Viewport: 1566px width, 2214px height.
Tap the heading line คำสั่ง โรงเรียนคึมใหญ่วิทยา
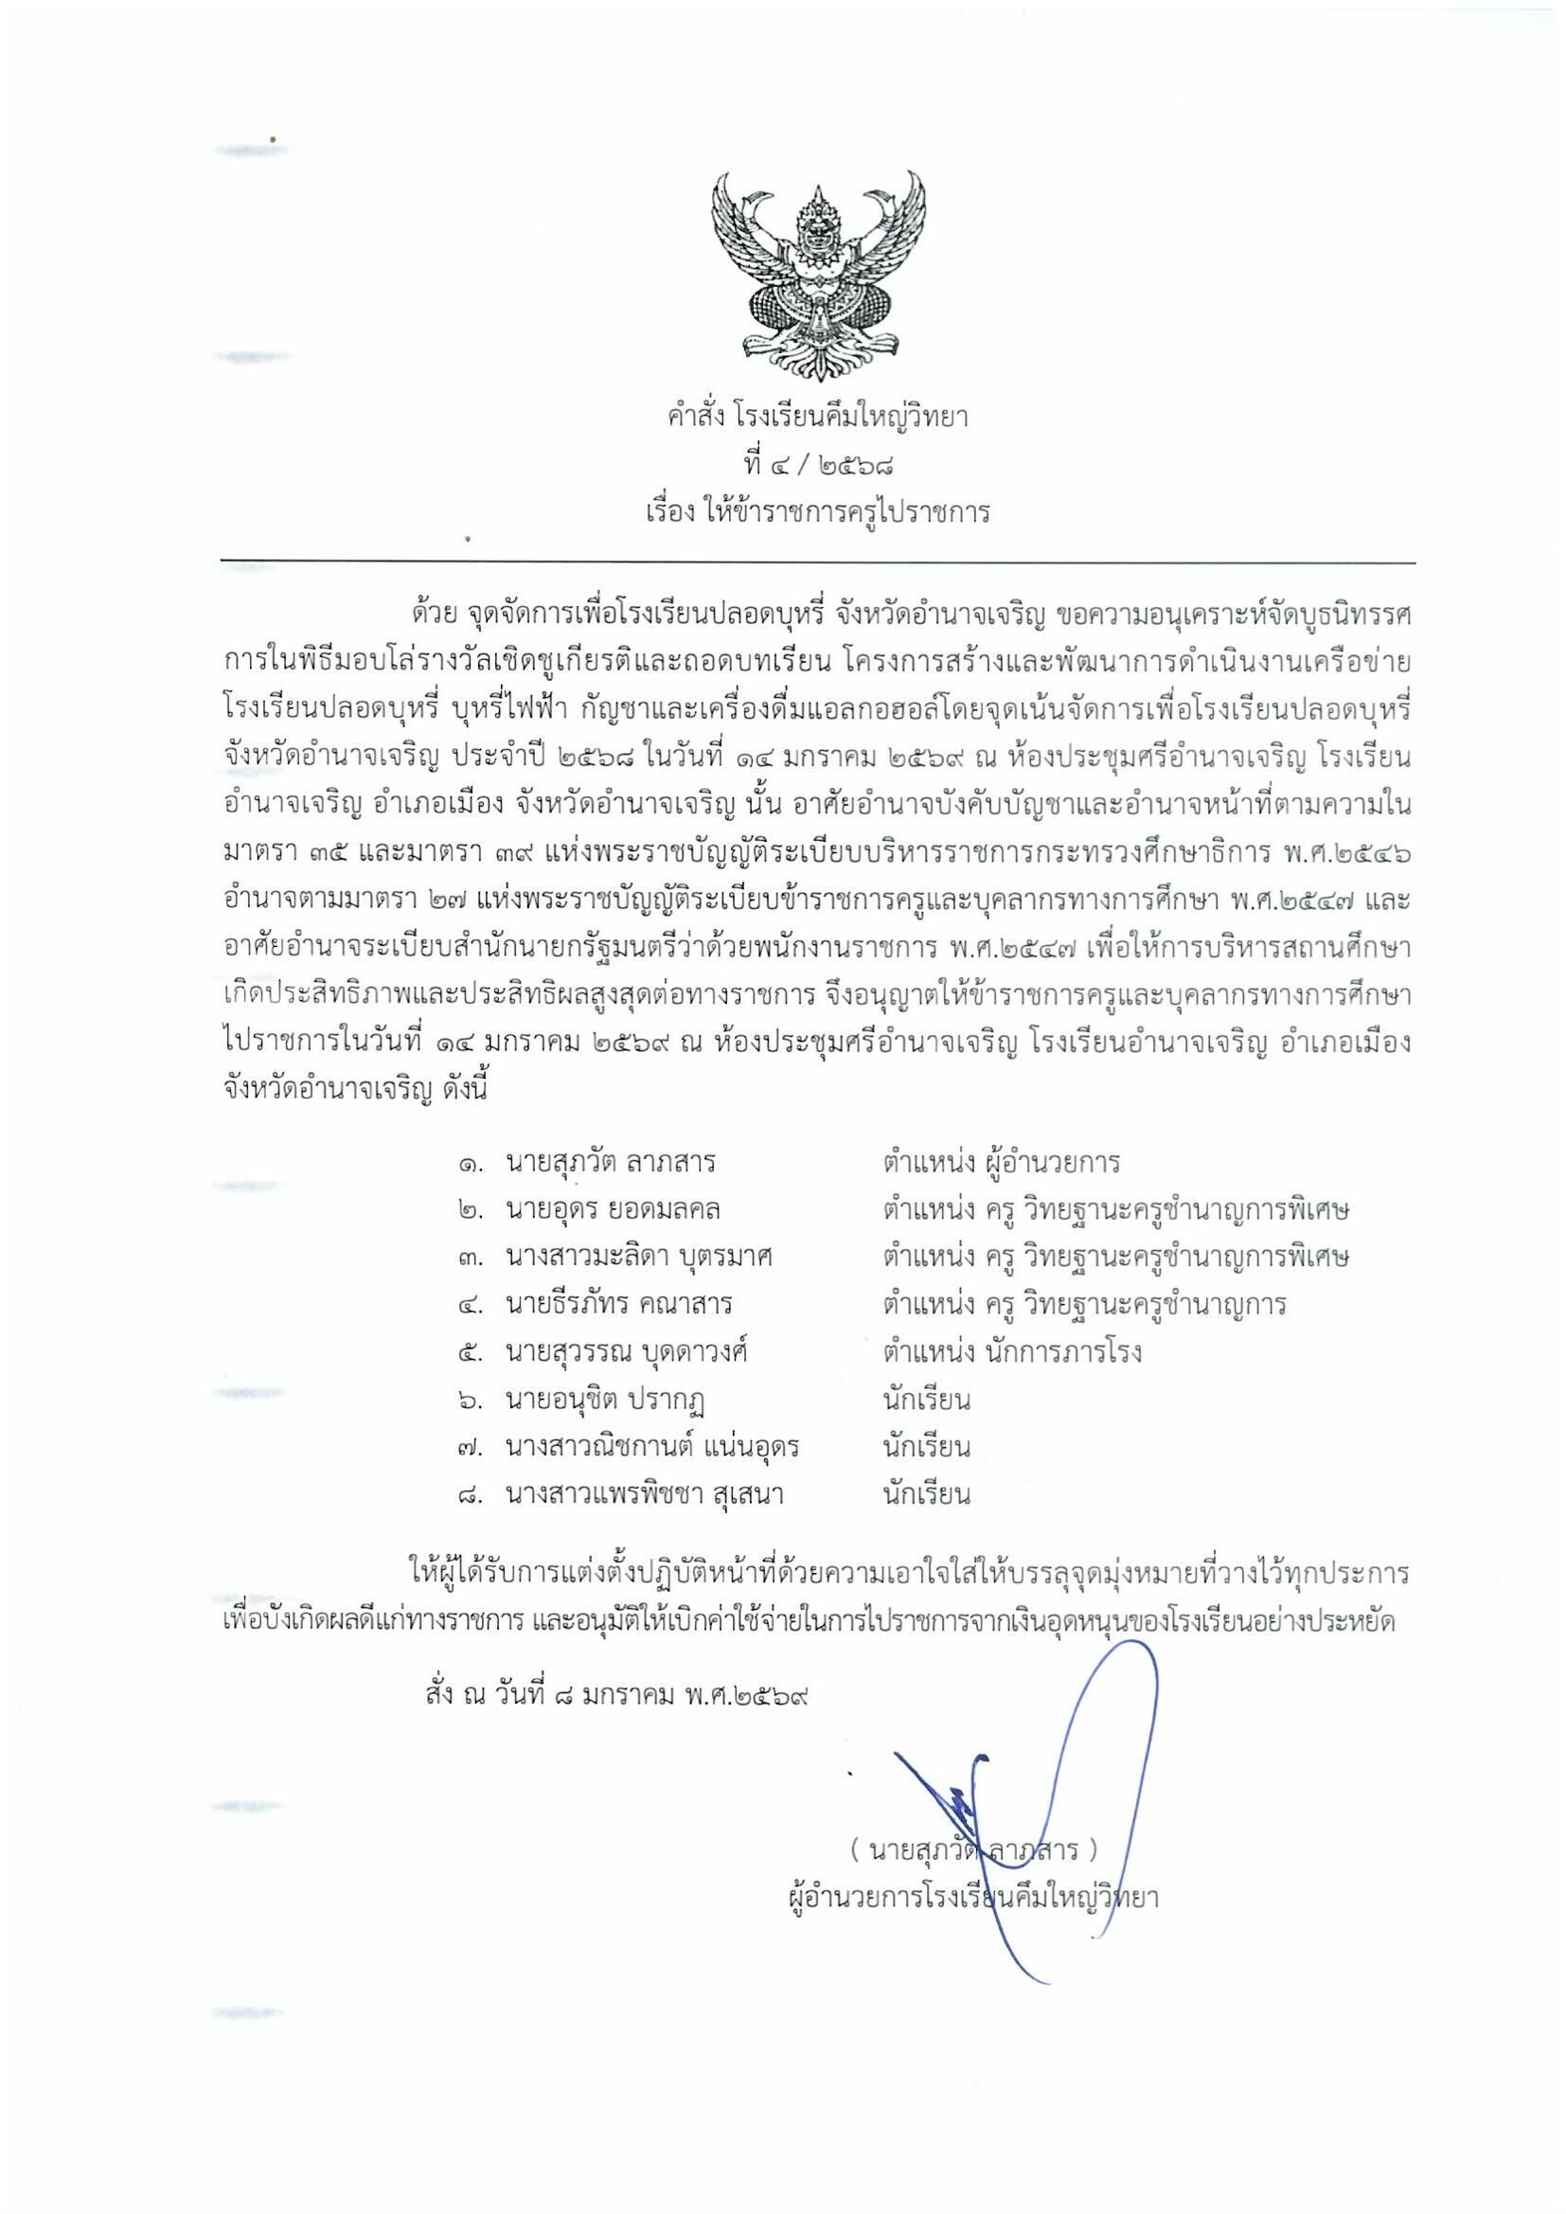pos(818,419)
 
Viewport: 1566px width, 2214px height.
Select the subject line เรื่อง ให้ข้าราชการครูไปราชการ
pos(818,512)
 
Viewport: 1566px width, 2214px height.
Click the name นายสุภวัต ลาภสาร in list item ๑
pos(611,1162)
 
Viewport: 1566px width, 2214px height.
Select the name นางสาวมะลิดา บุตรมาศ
pos(638,1258)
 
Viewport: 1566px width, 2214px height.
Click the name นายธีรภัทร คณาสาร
pos(618,1305)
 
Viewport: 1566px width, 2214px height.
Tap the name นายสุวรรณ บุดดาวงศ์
pos(627,1352)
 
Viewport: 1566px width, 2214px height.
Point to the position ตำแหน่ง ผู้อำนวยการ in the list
pos(1001,1162)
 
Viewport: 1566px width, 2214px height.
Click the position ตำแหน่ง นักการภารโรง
pos(1011,1352)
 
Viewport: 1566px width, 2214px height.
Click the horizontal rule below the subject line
pos(818,562)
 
